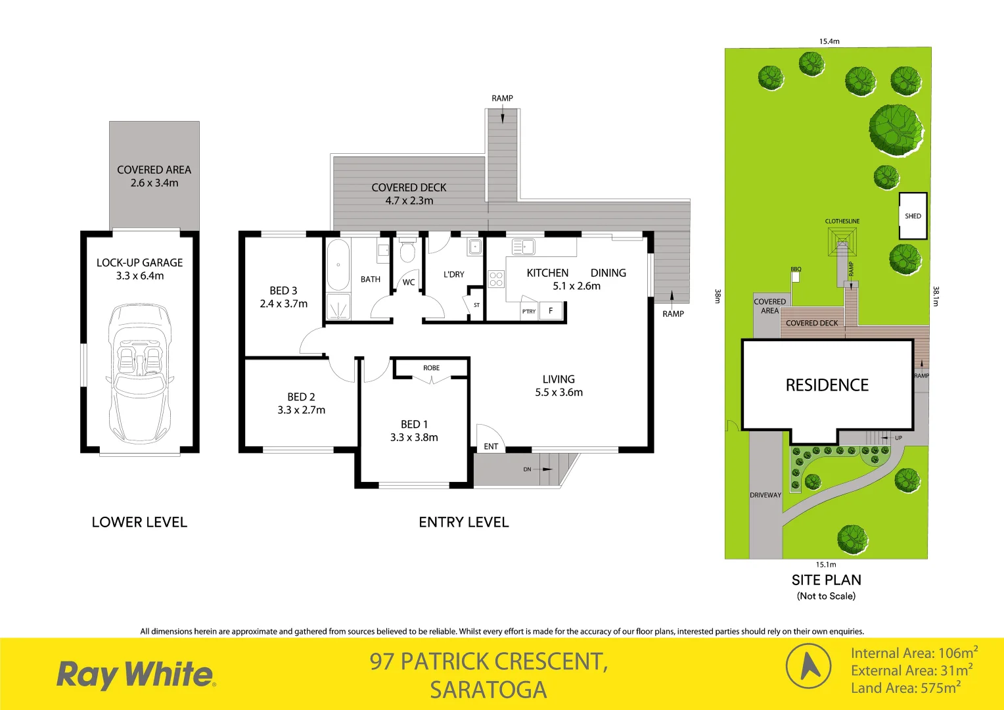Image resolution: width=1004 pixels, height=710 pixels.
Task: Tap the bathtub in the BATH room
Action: [x=338, y=264]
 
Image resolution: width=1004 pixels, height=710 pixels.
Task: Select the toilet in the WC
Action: [x=407, y=252]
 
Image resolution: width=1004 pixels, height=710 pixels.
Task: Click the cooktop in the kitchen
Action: [x=496, y=279]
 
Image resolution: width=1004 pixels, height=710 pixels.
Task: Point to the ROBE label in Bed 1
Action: [x=431, y=368]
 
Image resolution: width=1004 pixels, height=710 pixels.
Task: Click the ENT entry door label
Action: [x=491, y=446]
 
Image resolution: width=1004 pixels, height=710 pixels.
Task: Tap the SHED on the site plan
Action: [x=913, y=216]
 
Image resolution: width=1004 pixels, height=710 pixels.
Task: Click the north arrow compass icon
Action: [x=809, y=666]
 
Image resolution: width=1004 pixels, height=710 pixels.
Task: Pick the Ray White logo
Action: [x=136, y=674]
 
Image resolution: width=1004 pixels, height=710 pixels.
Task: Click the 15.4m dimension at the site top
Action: [x=829, y=41]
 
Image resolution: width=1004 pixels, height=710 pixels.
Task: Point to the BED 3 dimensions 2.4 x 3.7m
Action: [x=283, y=304]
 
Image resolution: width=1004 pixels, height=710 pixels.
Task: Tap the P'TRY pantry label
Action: [x=528, y=312]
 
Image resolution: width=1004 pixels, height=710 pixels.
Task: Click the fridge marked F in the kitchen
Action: [x=551, y=311]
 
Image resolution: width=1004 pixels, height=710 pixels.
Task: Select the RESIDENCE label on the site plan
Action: [x=827, y=385]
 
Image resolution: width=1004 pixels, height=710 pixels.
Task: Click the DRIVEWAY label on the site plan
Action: [x=765, y=495]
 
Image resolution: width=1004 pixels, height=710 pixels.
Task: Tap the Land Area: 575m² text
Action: [x=905, y=688]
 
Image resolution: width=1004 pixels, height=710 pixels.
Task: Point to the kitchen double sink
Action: [x=523, y=247]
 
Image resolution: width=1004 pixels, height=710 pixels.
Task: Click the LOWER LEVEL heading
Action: [x=139, y=522]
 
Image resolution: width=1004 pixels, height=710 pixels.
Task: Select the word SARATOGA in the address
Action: [x=488, y=690]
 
